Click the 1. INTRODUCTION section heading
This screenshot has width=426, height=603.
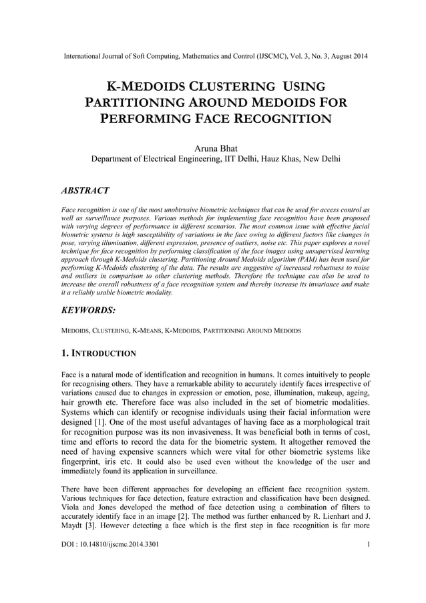point(99,353)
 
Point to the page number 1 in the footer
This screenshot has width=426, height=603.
point(369,565)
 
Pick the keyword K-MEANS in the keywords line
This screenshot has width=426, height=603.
point(147,331)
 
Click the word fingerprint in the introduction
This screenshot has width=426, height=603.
point(81,461)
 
